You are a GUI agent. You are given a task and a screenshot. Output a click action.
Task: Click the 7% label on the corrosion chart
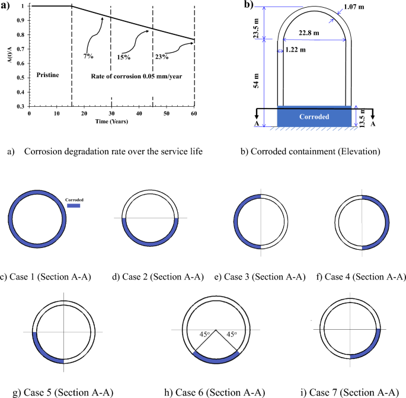click(x=88, y=56)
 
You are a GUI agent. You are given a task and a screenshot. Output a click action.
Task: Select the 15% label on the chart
click(x=123, y=57)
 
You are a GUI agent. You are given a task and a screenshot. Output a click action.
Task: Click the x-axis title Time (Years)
click(x=110, y=120)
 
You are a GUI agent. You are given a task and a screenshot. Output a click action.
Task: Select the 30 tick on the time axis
click(x=111, y=113)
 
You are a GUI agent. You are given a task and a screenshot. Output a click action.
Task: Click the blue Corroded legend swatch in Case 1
click(x=75, y=208)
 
